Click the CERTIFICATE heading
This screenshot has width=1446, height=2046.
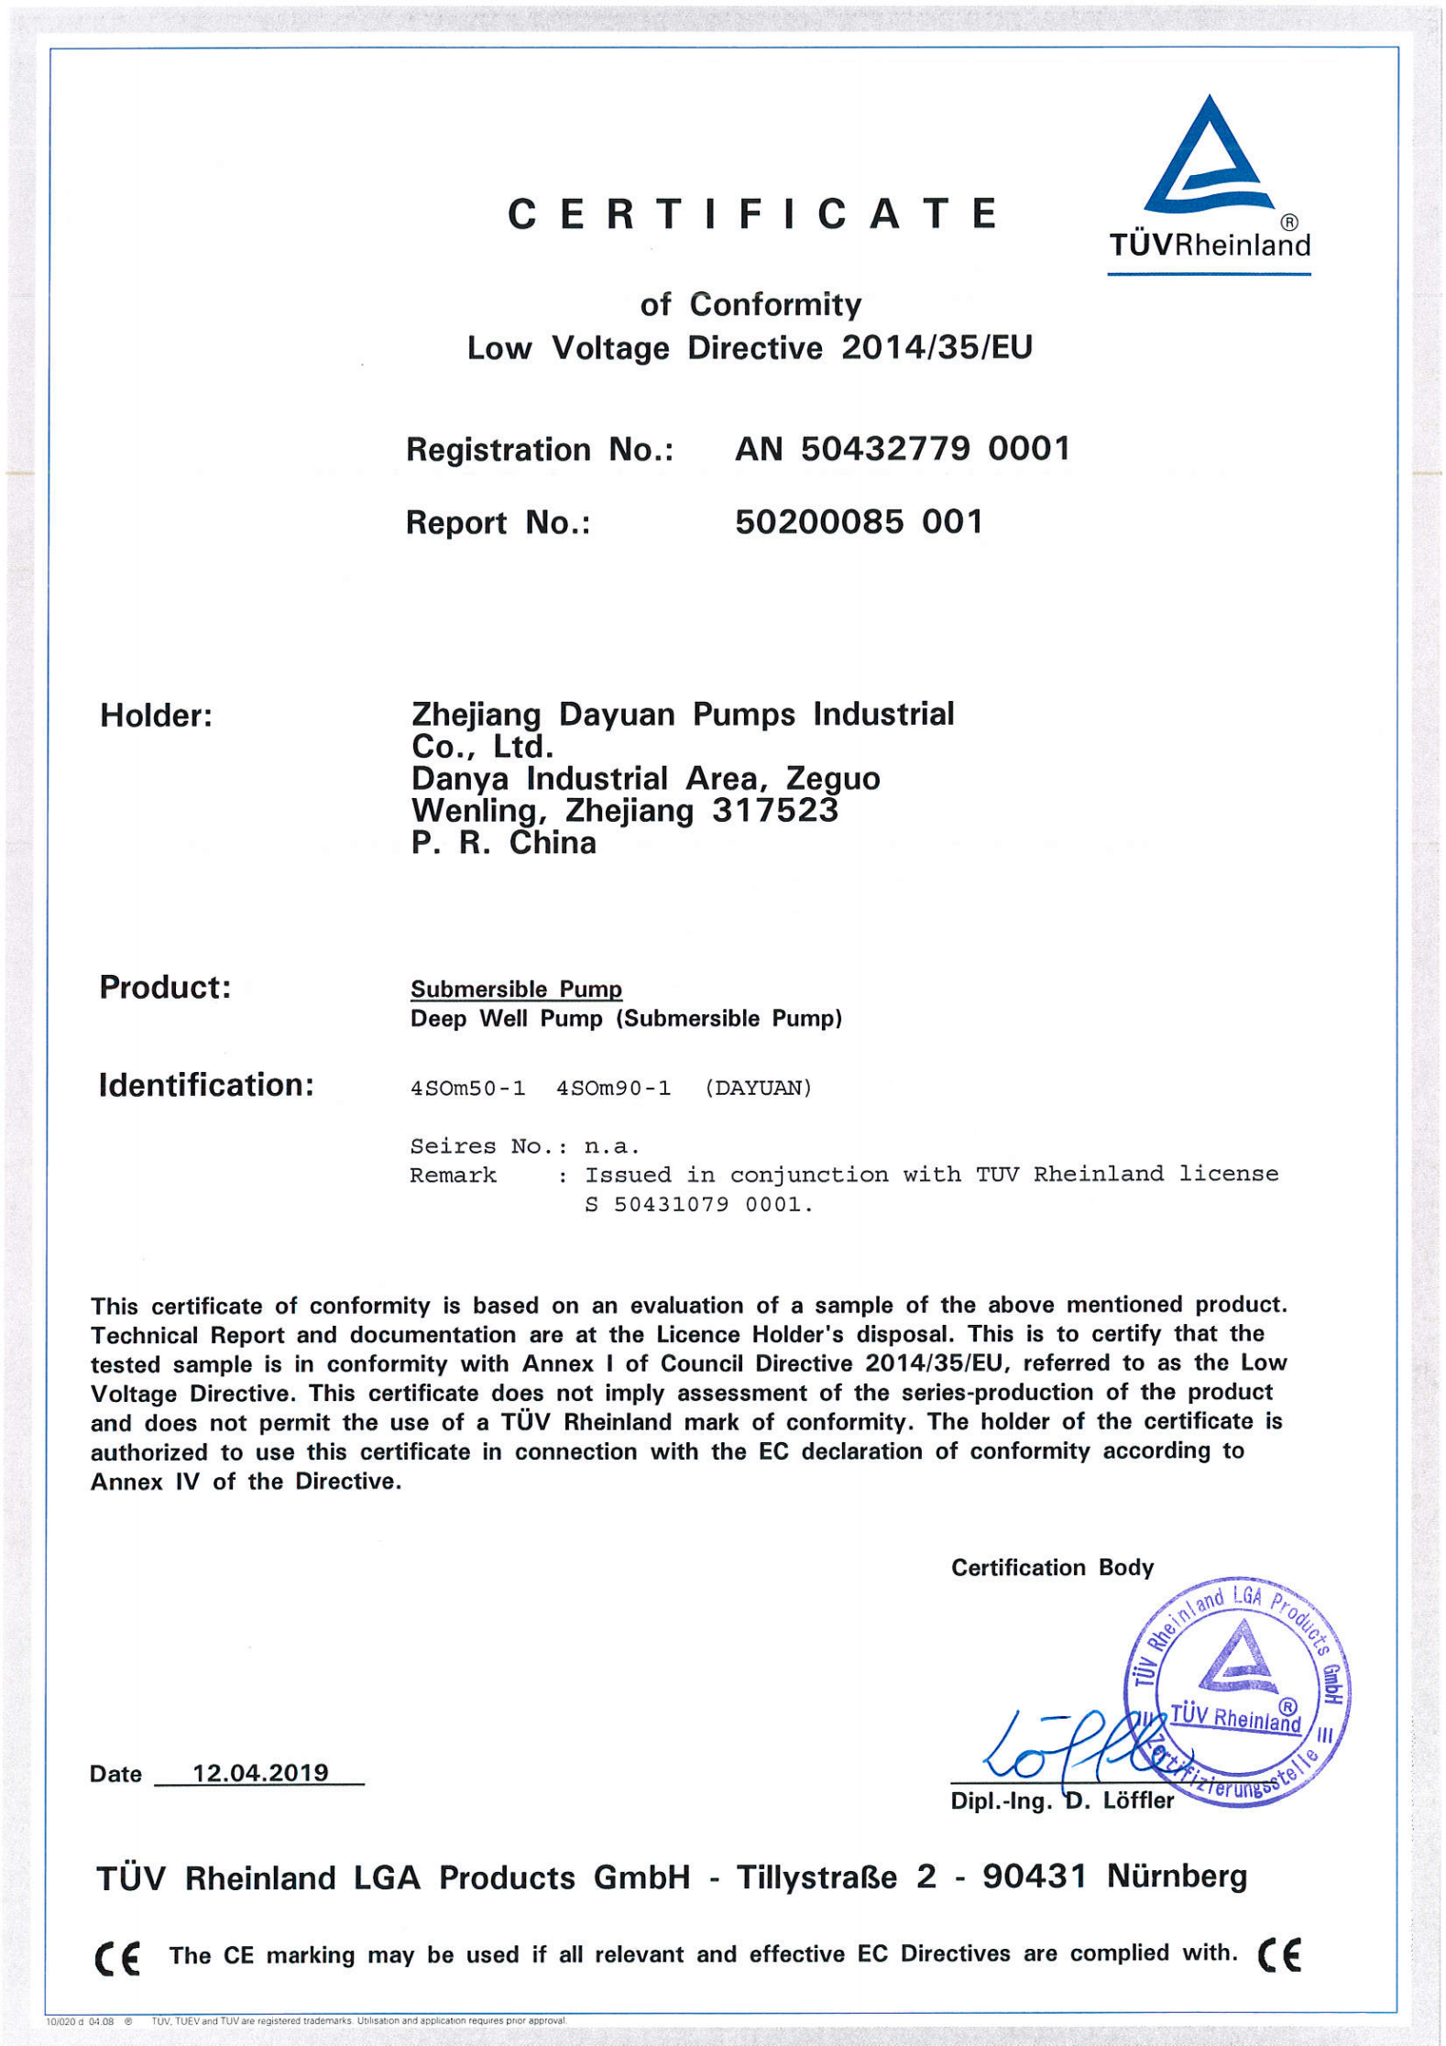[752, 214]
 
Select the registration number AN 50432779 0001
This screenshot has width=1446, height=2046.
[902, 449]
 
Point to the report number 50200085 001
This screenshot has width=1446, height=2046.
[859, 522]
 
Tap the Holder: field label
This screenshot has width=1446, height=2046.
[156, 716]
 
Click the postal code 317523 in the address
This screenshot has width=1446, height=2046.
[774, 811]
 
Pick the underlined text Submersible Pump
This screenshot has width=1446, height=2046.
[516, 990]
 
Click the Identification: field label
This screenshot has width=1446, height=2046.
[206, 1085]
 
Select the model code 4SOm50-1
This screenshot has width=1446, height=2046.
[467, 1089]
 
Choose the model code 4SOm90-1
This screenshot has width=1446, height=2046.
[613, 1089]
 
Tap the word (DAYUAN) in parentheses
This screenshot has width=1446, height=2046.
[758, 1089]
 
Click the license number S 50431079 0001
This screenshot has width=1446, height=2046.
[698, 1205]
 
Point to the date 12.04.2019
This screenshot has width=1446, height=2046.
[260, 1773]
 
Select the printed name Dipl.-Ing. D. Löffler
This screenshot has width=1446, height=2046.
[1061, 1801]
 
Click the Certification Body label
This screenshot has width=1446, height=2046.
[1051, 1568]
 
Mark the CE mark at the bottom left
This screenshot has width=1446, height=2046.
[117, 1958]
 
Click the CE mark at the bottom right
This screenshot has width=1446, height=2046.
[1278, 1954]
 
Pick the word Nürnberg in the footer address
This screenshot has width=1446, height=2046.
[1177, 1877]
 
